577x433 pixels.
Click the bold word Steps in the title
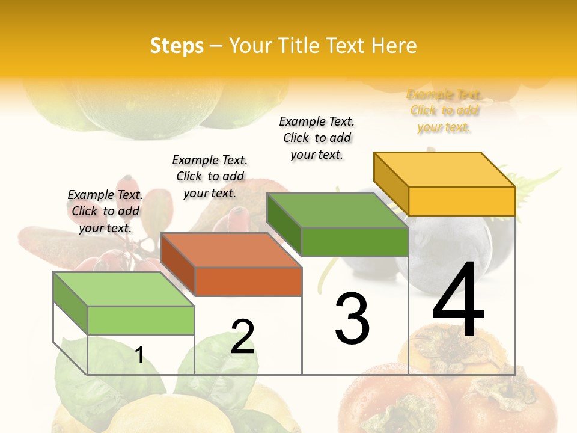(x=177, y=46)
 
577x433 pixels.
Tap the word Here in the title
(x=394, y=46)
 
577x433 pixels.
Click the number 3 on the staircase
(x=352, y=318)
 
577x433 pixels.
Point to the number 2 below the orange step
(x=242, y=337)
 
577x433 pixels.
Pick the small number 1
(x=139, y=355)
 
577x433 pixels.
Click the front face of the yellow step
(x=462, y=201)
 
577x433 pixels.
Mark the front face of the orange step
(x=248, y=281)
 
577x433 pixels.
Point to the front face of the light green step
(x=141, y=320)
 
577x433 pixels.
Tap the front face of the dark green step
(x=355, y=242)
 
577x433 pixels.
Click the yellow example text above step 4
(x=444, y=111)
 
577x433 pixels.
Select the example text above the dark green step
(x=317, y=138)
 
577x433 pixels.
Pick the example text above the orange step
(x=210, y=176)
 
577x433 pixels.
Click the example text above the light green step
(x=105, y=211)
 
